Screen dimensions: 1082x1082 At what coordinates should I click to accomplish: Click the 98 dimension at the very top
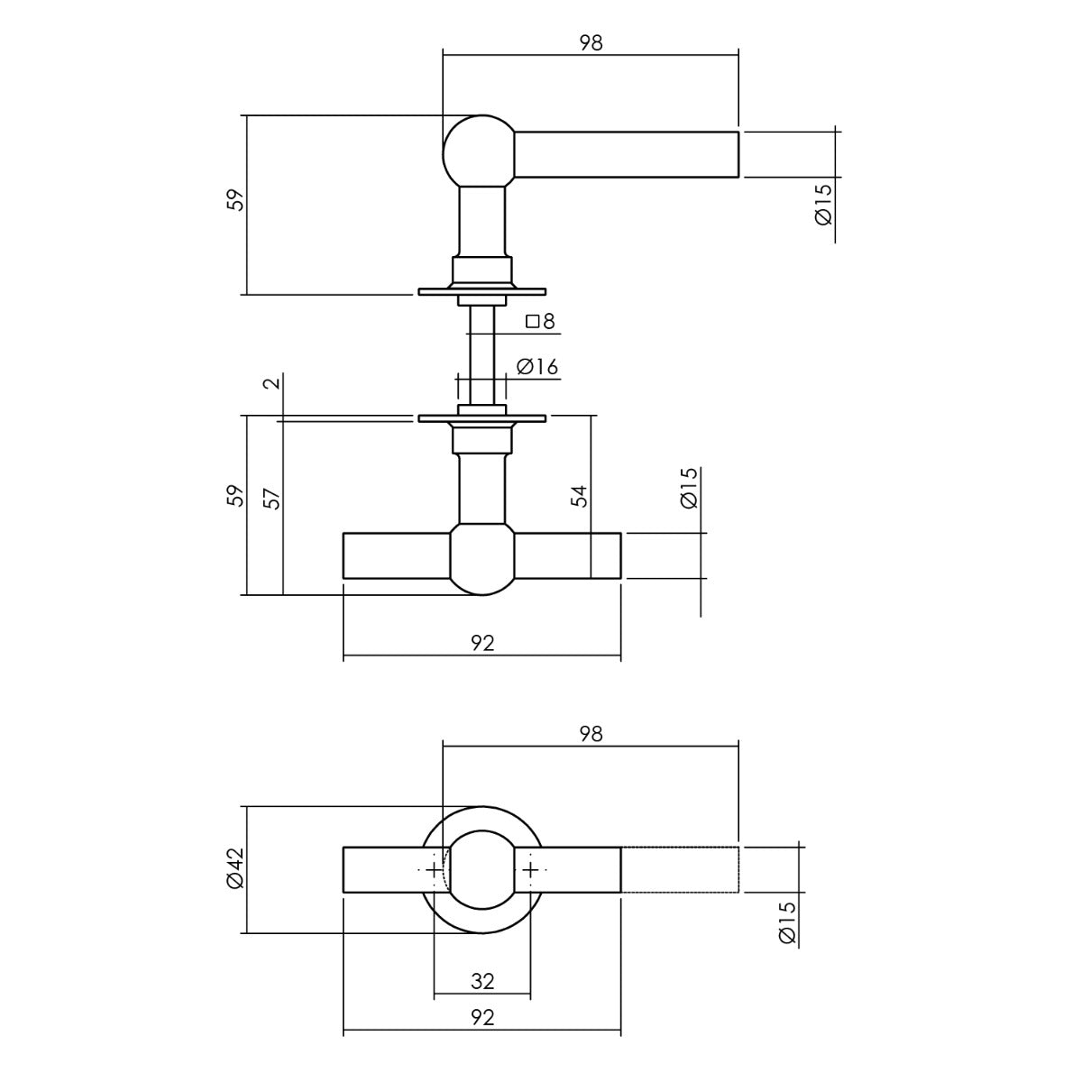point(591,43)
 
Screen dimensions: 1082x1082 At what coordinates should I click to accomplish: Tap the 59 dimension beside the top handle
point(237,200)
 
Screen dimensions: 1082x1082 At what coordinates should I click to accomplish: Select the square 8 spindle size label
point(540,321)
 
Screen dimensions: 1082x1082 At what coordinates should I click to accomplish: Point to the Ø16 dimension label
point(537,367)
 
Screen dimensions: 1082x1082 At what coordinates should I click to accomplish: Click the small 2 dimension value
point(271,383)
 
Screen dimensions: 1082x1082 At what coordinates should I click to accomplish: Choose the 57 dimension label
point(271,498)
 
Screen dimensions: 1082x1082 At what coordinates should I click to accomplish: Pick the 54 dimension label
point(580,496)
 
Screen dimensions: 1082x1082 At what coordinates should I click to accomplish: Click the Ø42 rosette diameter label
point(235,868)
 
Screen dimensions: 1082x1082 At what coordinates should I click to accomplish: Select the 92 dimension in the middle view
point(482,643)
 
